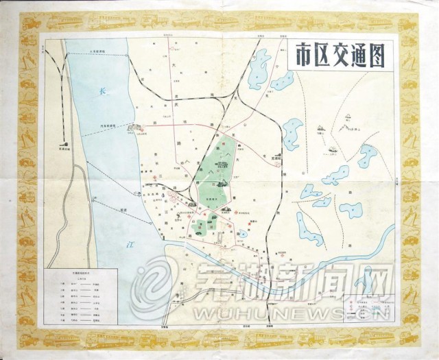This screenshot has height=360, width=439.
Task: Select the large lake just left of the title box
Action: coord(259,67)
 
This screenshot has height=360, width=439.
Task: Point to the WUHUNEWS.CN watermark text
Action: coord(268,310)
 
